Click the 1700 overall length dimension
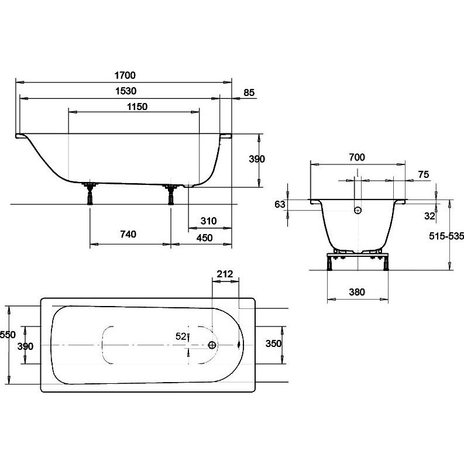[x=125, y=75]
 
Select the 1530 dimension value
[x=126, y=91]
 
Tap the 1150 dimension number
[x=137, y=106]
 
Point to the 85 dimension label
[x=249, y=92]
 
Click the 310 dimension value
[x=209, y=221]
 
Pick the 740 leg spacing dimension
[x=128, y=235]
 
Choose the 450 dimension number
[x=204, y=238]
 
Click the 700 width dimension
[x=357, y=157]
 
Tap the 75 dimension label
[x=424, y=174]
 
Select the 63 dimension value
[x=280, y=204]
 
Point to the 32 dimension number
[x=429, y=216]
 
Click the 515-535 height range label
[x=446, y=236]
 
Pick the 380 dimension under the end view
[x=357, y=292]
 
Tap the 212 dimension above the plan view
[x=225, y=274]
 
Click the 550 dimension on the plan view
[x=8, y=335]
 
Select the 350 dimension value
[x=273, y=343]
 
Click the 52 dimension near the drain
[x=181, y=336]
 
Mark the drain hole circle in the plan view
[x=212, y=345]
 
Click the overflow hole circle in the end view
[x=358, y=211]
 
